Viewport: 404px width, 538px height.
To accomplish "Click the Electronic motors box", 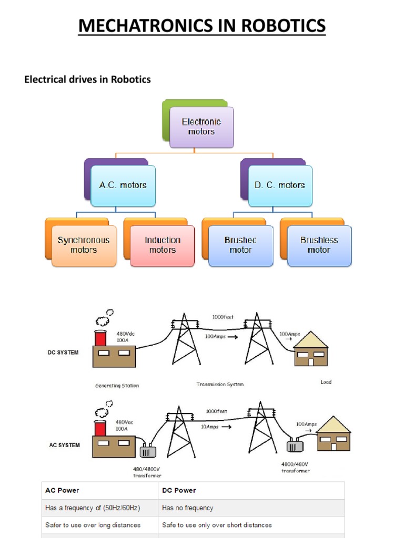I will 201,127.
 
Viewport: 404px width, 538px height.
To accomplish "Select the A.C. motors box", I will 123,185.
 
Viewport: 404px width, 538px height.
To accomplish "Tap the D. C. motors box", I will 280,185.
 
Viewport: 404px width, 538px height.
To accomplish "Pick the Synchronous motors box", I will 84,245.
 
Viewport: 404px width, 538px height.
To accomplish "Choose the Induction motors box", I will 163,245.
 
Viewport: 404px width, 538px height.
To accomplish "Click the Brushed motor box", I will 240,245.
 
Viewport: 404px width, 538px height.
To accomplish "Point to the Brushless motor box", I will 319,245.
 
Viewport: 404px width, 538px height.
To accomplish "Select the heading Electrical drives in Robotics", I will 87,79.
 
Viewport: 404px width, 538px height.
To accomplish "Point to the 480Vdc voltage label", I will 125,334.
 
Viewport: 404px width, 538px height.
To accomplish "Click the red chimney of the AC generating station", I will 100,428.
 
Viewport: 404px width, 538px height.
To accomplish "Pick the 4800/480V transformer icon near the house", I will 295,446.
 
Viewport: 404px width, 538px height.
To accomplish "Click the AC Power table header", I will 62,490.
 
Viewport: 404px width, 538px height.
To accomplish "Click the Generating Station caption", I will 117,386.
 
